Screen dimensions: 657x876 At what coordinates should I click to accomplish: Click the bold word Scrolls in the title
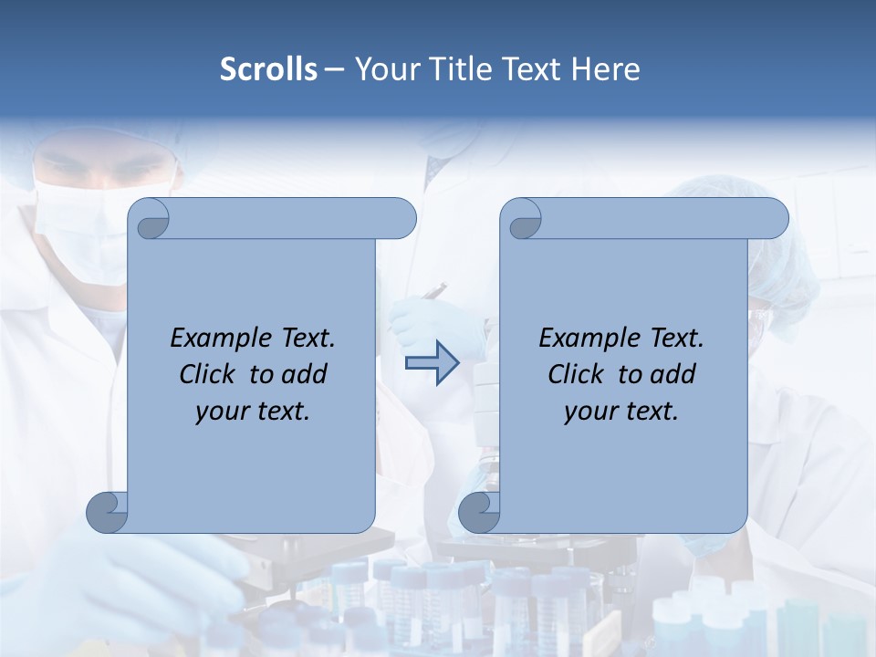tap(269, 69)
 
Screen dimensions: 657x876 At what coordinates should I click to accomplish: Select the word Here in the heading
tap(606, 69)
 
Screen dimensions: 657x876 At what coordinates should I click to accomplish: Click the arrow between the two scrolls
tap(432, 363)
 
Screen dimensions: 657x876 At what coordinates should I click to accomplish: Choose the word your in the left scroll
tap(222, 412)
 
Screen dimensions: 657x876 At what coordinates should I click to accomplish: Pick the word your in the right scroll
tap(590, 412)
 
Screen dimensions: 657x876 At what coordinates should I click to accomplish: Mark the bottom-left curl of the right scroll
tap(479, 513)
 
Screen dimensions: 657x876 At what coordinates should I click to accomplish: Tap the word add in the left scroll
tap(305, 374)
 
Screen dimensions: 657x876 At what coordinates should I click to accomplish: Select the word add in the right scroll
tap(673, 374)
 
